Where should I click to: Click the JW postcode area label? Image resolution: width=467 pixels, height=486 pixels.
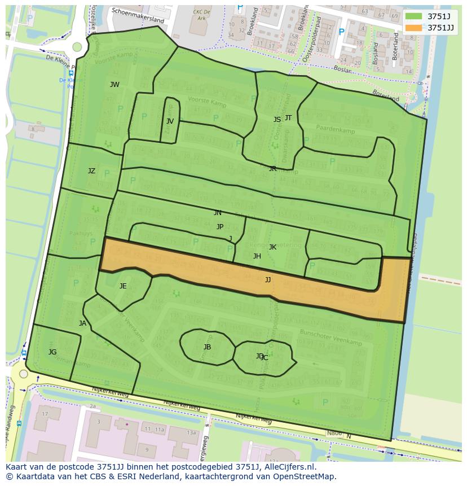tap(114, 85)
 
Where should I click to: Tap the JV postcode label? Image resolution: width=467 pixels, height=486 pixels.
tap(170, 121)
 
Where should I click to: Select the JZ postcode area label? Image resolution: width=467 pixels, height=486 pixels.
tap(91, 170)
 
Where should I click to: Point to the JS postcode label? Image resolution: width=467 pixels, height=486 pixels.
tap(277, 120)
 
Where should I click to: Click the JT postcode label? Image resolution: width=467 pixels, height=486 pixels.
tap(288, 117)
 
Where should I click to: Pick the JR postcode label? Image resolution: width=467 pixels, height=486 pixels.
tap(272, 168)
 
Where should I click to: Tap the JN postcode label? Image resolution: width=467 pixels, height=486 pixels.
tap(218, 213)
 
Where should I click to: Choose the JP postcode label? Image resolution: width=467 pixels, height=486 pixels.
tap(220, 226)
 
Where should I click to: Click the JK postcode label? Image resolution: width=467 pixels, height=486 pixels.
tap(272, 247)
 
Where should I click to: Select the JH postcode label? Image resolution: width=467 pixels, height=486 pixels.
tap(257, 256)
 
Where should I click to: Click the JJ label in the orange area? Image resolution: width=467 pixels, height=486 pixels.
tap(268, 279)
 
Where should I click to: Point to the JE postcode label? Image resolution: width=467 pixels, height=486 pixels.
tap(123, 286)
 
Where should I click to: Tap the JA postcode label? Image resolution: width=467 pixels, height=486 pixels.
tap(83, 323)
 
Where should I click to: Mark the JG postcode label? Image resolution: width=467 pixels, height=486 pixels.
tap(52, 352)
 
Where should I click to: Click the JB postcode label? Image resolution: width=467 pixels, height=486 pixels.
tap(207, 347)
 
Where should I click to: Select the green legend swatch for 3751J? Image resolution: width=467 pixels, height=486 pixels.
tap(413, 16)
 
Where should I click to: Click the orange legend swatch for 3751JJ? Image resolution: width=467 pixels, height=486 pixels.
tap(413, 27)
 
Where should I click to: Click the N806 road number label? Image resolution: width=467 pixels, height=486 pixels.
tap(335, 434)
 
